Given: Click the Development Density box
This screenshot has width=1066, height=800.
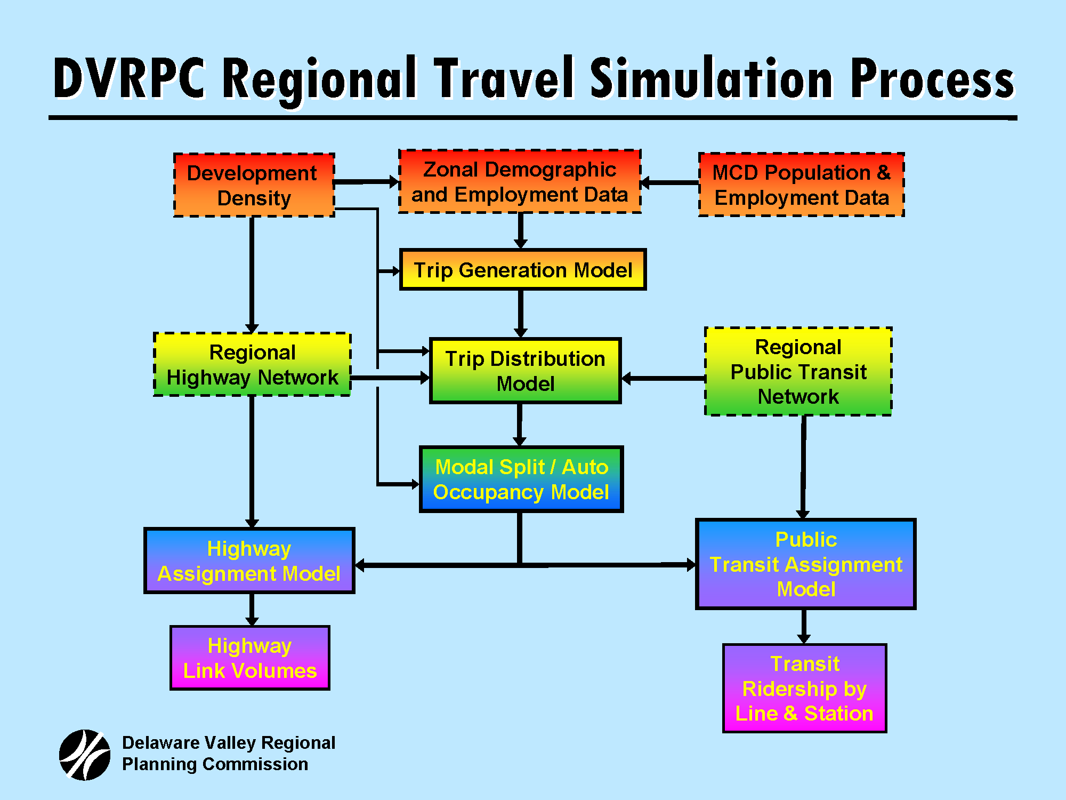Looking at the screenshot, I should click(x=254, y=185).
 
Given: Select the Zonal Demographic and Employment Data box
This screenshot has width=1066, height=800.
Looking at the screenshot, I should click(x=520, y=182).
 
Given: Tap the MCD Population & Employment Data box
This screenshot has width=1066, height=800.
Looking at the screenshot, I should click(x=801, y=185).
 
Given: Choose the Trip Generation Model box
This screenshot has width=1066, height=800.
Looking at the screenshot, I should click(x=522, y=270).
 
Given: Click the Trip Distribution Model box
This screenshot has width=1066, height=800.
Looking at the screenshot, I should click(x=525, y=371).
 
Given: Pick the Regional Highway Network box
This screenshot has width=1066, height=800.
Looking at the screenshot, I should click(x=252, y=365).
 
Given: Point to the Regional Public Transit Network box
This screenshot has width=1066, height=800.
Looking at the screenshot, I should click(x=798, y=372).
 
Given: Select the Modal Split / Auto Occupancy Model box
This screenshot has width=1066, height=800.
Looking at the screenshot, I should click(x=521, y=479).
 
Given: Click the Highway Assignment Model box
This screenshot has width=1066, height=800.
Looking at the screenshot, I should click(x=249, y=561).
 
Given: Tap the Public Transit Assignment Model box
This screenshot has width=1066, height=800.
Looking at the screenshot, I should click(x=805, y=564).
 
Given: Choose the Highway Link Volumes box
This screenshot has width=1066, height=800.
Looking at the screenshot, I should click(x=249, y=658).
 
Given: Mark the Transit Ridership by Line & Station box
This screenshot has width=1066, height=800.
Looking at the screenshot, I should click(x=804, y=689).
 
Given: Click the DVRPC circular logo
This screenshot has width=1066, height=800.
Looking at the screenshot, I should click(x=85, y=755).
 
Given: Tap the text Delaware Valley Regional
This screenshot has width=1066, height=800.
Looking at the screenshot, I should click(x=229, y=742).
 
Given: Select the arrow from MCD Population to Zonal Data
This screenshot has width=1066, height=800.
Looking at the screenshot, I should click(x=669, y=183).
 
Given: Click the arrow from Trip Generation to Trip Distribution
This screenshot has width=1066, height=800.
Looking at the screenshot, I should click(x=521, y=314).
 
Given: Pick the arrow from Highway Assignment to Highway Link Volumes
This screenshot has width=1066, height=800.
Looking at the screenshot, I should click(x=252, y=610).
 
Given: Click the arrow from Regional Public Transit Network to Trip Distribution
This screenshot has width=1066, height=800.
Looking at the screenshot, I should click(x=664, y=379).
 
